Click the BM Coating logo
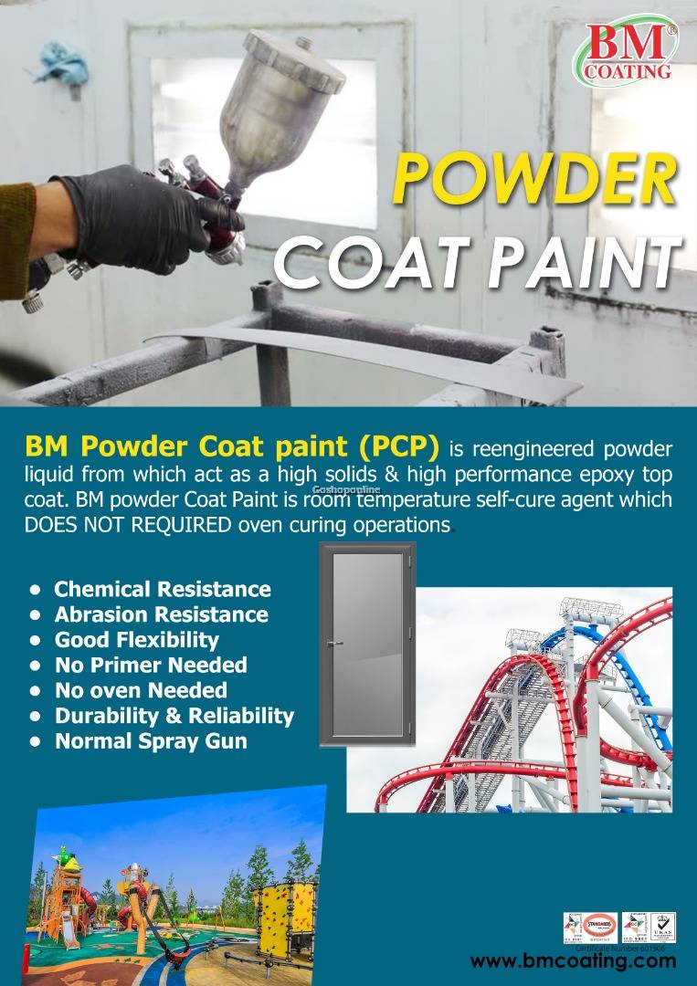(x=627, y=50)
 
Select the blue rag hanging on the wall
(x=63, y=65)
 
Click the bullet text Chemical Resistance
(x=163, y=589)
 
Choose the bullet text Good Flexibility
(x=137, y=639)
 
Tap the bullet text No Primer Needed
(x=151, y=665)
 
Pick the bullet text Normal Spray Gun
(x=151, y=740)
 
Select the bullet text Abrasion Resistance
(x=162, y=614)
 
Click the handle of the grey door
(x=337, y=643)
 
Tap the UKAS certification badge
(x=661, y=928)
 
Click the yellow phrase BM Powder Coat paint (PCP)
(x=233, y=447)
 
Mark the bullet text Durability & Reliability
(x=174, y=715)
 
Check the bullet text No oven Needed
(x=141, y=690)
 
